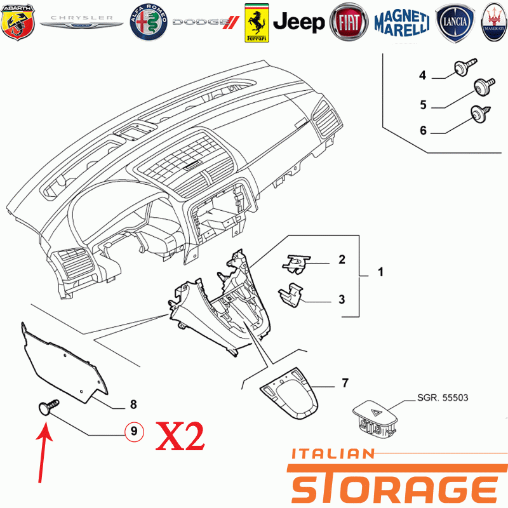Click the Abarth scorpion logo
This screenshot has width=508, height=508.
[x=18, y=22]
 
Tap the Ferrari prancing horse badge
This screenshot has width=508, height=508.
[x=257, y=23]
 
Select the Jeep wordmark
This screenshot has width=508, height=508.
[x=298, y=22]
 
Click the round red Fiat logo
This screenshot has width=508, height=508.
[x=349, y=22]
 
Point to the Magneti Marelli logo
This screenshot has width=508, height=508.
[x=402, y=22]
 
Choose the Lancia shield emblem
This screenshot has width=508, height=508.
[x=455, y=23]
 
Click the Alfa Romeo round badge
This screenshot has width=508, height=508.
[x=149, y=22]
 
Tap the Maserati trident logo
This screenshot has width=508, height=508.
[x=494, y=22]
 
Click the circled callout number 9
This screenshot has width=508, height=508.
[x=134, y=431]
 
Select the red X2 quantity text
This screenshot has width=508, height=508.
[x=180, y=436]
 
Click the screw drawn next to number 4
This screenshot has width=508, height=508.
[x=465, y=67]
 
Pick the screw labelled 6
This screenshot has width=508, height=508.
[x=480, y=114]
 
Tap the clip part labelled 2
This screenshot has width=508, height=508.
[x=296, y=264]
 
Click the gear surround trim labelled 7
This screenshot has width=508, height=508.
[x=290, y=393]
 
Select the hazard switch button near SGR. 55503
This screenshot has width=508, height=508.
[x=375, y=418]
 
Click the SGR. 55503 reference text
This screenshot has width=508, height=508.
[x=443, y=398]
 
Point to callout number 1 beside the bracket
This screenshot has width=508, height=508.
[x=380, y=272]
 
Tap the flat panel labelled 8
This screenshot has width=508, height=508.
[x=64, y=363]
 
